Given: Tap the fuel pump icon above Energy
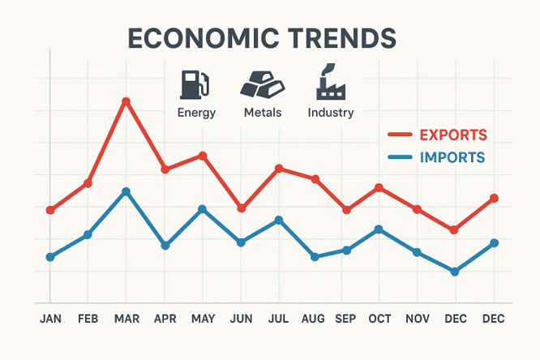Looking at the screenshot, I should click(194, 84).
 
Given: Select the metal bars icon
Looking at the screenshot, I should click(261, 84).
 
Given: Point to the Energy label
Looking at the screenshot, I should click(196, 113).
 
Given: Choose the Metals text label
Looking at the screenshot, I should click(263, 113).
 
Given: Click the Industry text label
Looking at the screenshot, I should click(331, 113).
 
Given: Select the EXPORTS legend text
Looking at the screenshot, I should click(453, 134).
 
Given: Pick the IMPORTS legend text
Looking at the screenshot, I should click(452, 157).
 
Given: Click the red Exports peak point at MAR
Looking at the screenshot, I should click(126, 101).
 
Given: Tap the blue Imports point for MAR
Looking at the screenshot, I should click(126, 191).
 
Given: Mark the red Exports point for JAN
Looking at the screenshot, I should click(50, 210).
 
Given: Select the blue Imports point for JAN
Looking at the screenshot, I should click(50, 257).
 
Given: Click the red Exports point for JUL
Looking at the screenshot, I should click(278, 169).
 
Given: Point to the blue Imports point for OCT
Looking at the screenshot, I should click(378, 229).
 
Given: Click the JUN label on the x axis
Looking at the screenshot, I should click(241, 319).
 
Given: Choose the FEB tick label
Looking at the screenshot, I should click(88, 319).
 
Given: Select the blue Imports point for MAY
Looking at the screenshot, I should click(203, 209).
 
